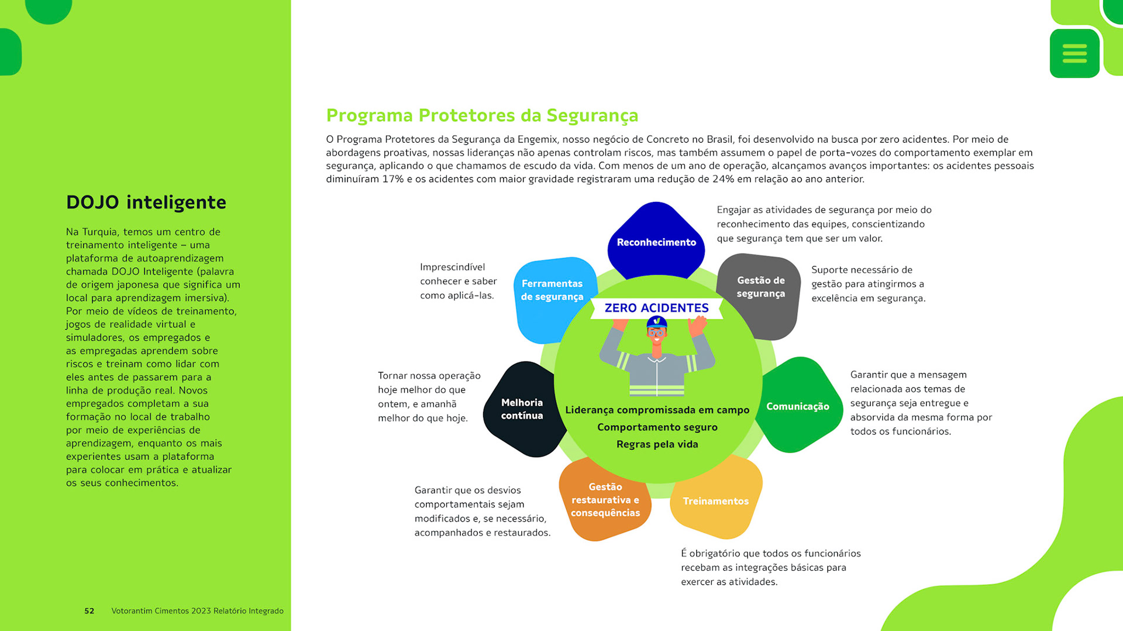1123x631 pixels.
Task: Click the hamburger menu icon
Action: point(1074,53)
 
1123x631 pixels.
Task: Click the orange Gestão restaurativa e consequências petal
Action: point(605,500)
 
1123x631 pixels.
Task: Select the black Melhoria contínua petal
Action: point(522,409)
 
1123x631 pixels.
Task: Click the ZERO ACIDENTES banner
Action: point(656,308)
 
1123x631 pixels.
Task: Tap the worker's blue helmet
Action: point(656,322)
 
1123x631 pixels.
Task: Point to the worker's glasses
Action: point(656,333)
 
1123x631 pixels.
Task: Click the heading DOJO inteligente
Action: point(146,203)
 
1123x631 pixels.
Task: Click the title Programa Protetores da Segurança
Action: point(482,116)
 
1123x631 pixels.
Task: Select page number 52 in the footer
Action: point(89,611)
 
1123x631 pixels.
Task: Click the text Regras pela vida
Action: point(657,444)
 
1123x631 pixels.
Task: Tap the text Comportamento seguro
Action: point(657,427)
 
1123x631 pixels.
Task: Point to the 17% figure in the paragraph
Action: point(393,179)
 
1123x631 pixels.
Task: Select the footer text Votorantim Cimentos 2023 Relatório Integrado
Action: point(197,611)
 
